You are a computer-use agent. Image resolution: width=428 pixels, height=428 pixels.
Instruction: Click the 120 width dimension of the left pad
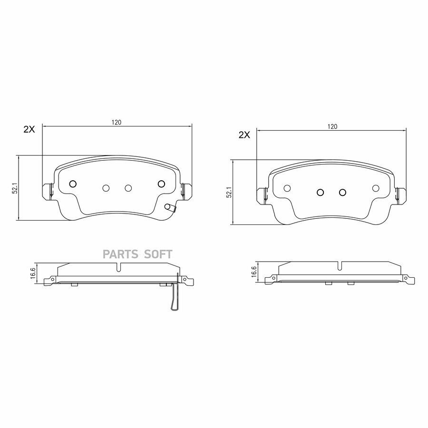pyautogui.click(x=116, y=122)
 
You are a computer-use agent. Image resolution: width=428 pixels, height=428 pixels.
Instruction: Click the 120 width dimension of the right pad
pyautogui.click(x=332, y=126)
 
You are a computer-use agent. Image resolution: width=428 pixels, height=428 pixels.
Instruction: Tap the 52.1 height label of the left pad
pyautogui.click(x=16, y=188)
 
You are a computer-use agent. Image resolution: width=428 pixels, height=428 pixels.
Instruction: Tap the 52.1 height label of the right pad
pyautogui.click(x=229, y=192)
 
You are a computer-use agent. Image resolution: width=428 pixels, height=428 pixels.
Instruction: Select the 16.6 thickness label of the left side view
pyautogui.click(x=33, y=273)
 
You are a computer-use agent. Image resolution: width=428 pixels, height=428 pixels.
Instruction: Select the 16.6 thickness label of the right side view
pyautogui.click(x=253, y=272)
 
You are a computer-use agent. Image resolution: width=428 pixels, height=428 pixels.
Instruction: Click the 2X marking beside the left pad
pyautogui.click(x=29, y=130)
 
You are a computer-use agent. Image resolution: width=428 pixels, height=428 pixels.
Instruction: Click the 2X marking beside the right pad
pyautogui.click(x=244, y=135)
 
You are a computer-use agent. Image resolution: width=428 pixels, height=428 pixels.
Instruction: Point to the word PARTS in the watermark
pyautogui.click(x=120, y=254)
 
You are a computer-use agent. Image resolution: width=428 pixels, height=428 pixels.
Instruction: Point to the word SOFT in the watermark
pyautogui.click(x=158, y=254)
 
